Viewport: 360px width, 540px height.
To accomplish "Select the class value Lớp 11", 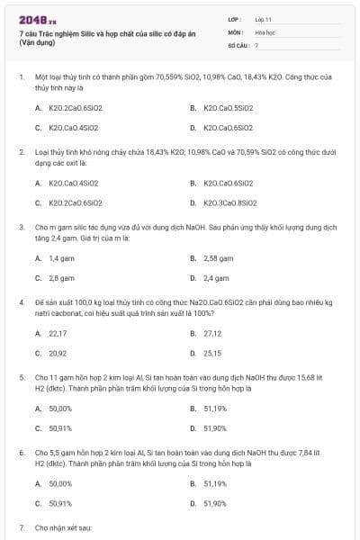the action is click(x=263, y=18).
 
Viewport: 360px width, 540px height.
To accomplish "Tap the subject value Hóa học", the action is click(x=264, y=31).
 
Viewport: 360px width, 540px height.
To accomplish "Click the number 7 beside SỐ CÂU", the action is click(x=256, y=43).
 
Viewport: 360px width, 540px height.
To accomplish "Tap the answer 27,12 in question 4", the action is click(x=213, y=333).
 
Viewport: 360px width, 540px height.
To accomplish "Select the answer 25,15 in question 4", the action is click(x=213, y=353).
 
